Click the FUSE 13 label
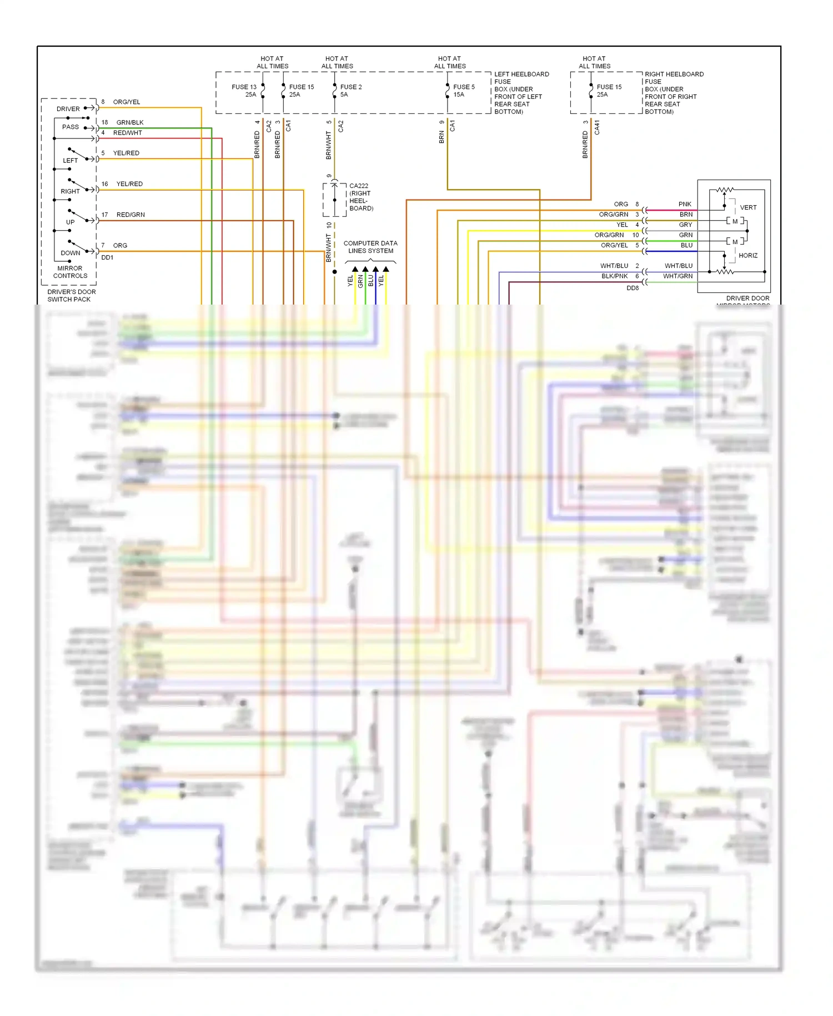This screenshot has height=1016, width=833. pyautogui.click(x=244, y=87)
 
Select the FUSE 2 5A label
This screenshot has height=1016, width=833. pyautogui.click(x=350, y=91)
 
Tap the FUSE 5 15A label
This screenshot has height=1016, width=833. pyautogui.click(x=464, y=91)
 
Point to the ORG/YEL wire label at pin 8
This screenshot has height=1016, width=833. pyautogui.click(x=127, y=102)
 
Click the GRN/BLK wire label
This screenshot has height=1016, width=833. pyautogui.click(x=130, y=123)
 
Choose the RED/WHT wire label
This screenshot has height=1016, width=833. pyautogui.click(x=128, y=133)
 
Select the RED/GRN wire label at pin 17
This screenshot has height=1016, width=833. pyautogui.click(x=131, y=215)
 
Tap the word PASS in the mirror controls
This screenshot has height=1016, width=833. pyautogui.click(x=71, y=127)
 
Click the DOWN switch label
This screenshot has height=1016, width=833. pyautogui.click(x=71, y=253)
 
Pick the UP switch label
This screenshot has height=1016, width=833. pyautogui.click(x=71, y=222)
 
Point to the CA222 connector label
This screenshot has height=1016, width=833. pyautogui.click(x=359, y=186)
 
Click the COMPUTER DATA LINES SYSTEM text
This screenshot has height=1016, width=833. pyautogui.click(x=370, y=247)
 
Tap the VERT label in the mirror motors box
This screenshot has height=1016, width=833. pyautogui.click(x=748, y=208)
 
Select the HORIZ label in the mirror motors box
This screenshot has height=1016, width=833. pyautogui.click(x=747, y=256)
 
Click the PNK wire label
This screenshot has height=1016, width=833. pyautogui.click(x=685, y=205)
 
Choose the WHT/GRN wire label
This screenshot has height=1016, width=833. pyautogui.click(x=678, y=276)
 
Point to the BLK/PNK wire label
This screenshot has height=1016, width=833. pyautogui.click(x=614, y=276)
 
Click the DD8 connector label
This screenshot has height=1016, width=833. pyautogui.click(x=633, y=288)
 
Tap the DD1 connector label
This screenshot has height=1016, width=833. pyautogui.click(x=107, y=258)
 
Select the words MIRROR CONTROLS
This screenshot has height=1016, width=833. pyautogui.click(x=70, y=272)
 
